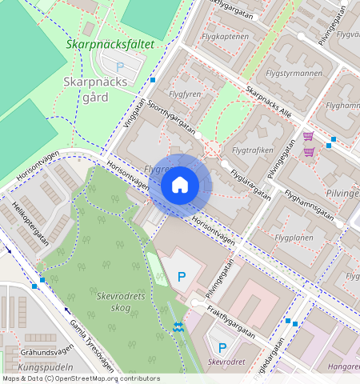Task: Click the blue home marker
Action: [x=180, y=186]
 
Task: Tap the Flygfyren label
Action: [x=186, y=94]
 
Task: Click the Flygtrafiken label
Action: [x=251, y=150]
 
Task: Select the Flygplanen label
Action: [x=294, y=238]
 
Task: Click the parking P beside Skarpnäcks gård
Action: [x=120, y=67]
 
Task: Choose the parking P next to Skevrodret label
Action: [x=222, y=348]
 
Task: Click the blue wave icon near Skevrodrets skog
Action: [x=178, y=326]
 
